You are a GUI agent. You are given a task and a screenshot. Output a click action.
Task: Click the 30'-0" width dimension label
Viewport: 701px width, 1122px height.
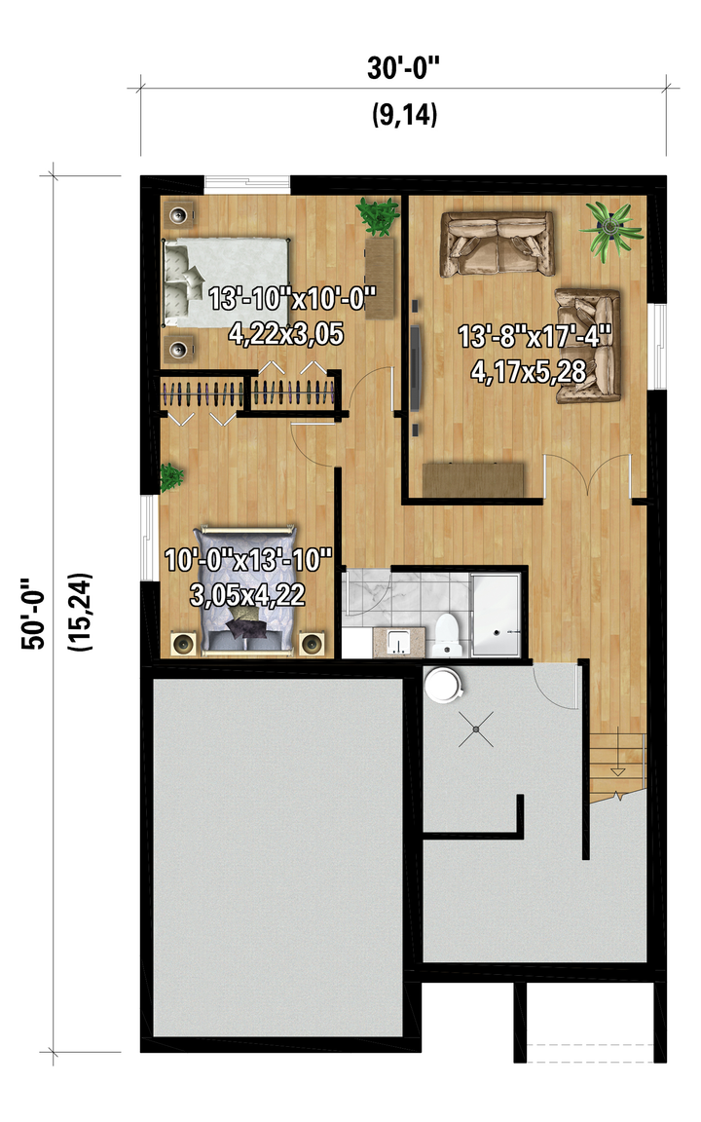pyautogui.click(x=403, y=68)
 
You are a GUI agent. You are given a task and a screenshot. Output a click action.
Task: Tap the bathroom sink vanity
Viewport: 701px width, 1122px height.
pyautogui.click(x=397, y=642)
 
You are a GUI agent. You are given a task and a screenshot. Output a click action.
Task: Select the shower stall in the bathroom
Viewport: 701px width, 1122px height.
pyautogui.click(x=497, y=615)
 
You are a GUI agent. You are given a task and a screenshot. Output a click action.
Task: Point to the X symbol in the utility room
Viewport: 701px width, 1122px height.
pyautogui.click(x=476, y=729)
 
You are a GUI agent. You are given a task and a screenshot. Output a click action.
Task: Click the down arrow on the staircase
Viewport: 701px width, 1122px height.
pyautogui.click(x=617, y=771)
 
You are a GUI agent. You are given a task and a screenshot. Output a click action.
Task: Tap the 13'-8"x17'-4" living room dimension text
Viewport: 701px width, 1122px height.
pyautogui.click(x=535, y=336)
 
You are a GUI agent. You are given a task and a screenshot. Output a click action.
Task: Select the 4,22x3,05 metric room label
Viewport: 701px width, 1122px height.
pyautogui.click(x=286, y=334)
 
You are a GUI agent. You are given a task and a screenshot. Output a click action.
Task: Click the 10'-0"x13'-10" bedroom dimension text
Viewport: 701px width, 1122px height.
pyautogui.click(x=248, y=560)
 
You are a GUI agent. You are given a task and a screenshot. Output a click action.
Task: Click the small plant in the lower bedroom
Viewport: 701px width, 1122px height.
pyautogui.click(x=170, y=477)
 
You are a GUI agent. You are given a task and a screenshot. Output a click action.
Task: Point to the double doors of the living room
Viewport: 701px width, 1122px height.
pyautogui.click(x=587, y=475)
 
